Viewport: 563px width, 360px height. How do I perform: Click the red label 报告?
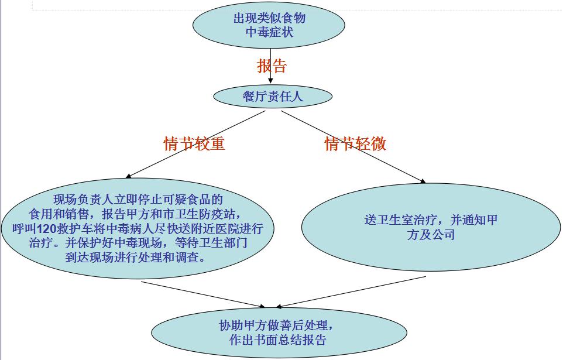pos(272,66)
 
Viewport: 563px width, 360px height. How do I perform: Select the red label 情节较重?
pos(194,144)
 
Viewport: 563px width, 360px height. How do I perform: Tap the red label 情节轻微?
pos(355,144)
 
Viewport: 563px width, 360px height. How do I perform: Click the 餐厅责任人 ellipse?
pos(273,96)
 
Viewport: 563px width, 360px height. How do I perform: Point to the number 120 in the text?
pos(47,228)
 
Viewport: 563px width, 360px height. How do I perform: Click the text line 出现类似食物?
pos(269,18)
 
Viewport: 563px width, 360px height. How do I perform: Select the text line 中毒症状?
pos(269,32)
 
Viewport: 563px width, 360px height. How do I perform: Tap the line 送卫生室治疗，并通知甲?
pos(431,220)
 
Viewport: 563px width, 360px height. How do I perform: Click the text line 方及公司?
pos(431,235)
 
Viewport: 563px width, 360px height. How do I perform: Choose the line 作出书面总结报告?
pos(278,340)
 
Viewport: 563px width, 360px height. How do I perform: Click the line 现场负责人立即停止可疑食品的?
pos(138,200)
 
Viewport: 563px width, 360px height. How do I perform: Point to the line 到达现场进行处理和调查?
pos(135,257)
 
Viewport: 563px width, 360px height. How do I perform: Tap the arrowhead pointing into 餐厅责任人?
pos(270,80)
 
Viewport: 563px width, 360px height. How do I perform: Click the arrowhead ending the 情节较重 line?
pos(129,176)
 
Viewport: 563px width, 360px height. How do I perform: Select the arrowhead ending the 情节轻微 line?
pos(423,181)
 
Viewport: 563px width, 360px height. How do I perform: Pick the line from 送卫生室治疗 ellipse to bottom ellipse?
pos(351,292)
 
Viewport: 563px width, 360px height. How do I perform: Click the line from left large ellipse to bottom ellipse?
pos(203,294)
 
